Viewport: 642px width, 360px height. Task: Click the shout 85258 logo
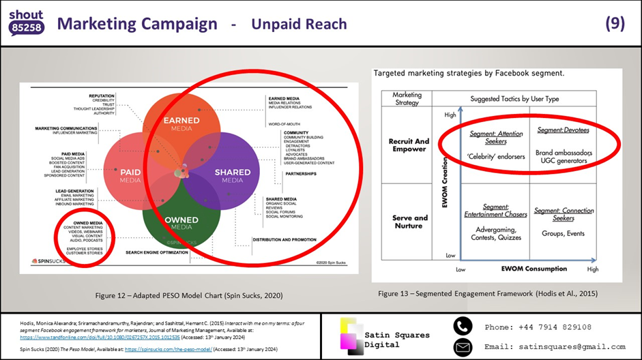point(27,22)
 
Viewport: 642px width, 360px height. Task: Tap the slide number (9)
point(615,24)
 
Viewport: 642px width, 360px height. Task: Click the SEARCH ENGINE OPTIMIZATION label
point(156,252)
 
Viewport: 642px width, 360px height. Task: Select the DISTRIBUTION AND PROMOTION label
point(284,239)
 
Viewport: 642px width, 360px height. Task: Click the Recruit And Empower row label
point(409,145)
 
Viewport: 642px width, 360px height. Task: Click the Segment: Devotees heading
point(563,130)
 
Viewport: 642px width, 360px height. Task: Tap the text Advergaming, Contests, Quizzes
point(496,233)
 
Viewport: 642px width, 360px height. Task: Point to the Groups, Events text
point(564,233)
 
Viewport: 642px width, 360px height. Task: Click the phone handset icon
point(462,327)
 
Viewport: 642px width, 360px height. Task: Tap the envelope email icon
point(462,346)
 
